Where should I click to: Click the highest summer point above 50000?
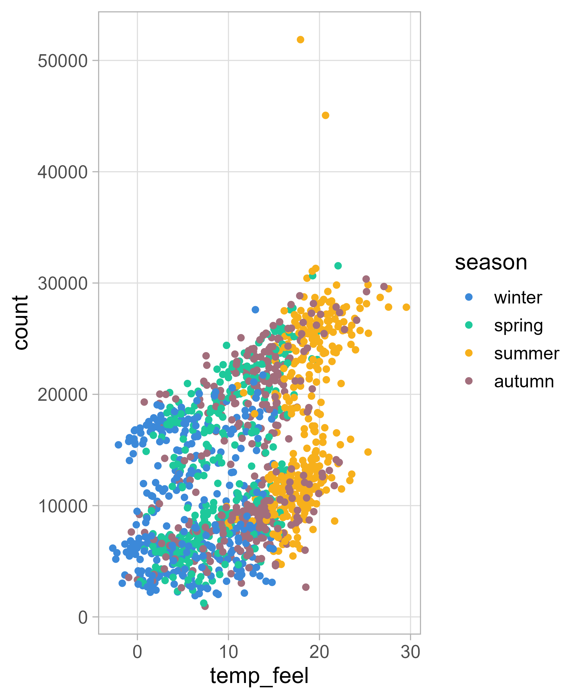pyautogui.click(x=300, y=40)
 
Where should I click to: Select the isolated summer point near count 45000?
pyautogui.click(x=326, y=115)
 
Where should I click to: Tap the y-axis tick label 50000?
pyautogui.click(x=63, y=61)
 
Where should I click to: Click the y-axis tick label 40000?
pyautogui.click(x=63, y=172)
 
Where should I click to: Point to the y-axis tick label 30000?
pyautogui.click(x=63, y=283)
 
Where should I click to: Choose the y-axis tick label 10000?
pyautogui.click(x=63, y=506)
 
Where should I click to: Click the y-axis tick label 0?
pyautogui.click(x=83, y=617)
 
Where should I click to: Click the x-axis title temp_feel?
pyautogui.click(x=259, y=676)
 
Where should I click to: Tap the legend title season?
pyautogui.click(x=491, y=263)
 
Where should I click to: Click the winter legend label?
pyautogui.click(x=518, y=297)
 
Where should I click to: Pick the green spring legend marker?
pyautogui.click(x=469, y=325)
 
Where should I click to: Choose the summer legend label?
pyautogui.click(x=526, y=353)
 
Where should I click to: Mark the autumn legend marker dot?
pyautogui.click(x=469, y=381)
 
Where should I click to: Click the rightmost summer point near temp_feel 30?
pyautogui.click(x=406, y=307)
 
